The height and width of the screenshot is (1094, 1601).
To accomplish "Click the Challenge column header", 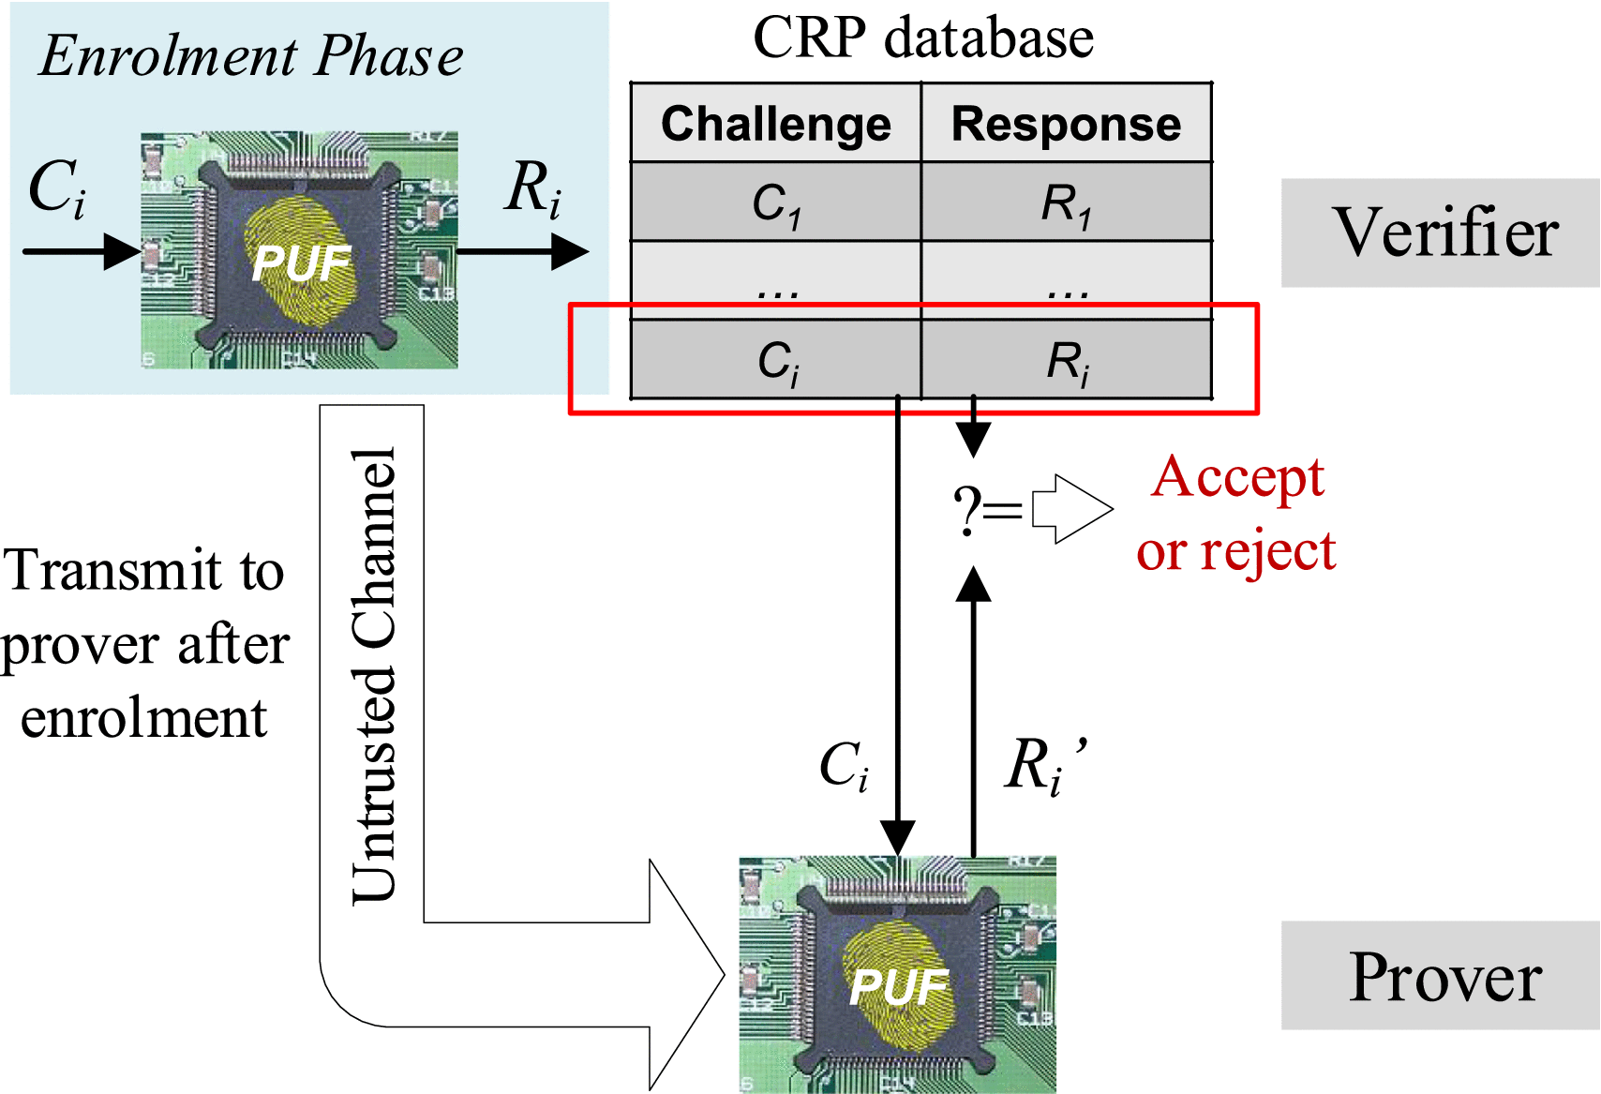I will coord(775,124).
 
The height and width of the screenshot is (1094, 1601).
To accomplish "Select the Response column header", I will coord(1066,124).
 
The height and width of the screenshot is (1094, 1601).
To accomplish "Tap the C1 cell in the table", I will coord(775,202).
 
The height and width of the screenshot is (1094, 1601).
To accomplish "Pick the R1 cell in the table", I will coord(1066,202).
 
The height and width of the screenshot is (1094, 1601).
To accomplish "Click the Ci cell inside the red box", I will coord(777,361).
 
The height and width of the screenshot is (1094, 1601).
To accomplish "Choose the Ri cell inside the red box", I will coord(1068,361).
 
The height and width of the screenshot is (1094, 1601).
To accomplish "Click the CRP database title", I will coord(922,38).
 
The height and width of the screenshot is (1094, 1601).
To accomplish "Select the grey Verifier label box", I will coord(1441,232).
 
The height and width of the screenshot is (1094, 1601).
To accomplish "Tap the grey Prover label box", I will coord(1441,976).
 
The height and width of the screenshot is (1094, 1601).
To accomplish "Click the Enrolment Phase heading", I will coord(251,56).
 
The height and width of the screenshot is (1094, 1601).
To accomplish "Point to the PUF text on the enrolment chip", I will coord(301,263).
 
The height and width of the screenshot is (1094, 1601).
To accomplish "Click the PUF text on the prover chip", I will coord(898,987).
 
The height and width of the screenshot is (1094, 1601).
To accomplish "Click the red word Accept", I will coord(1237,477).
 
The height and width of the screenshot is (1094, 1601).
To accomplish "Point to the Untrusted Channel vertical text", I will coord(374,675).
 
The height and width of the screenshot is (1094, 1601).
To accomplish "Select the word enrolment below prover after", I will coord(143,718).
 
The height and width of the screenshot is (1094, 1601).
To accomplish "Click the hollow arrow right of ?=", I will coord(1071,510).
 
